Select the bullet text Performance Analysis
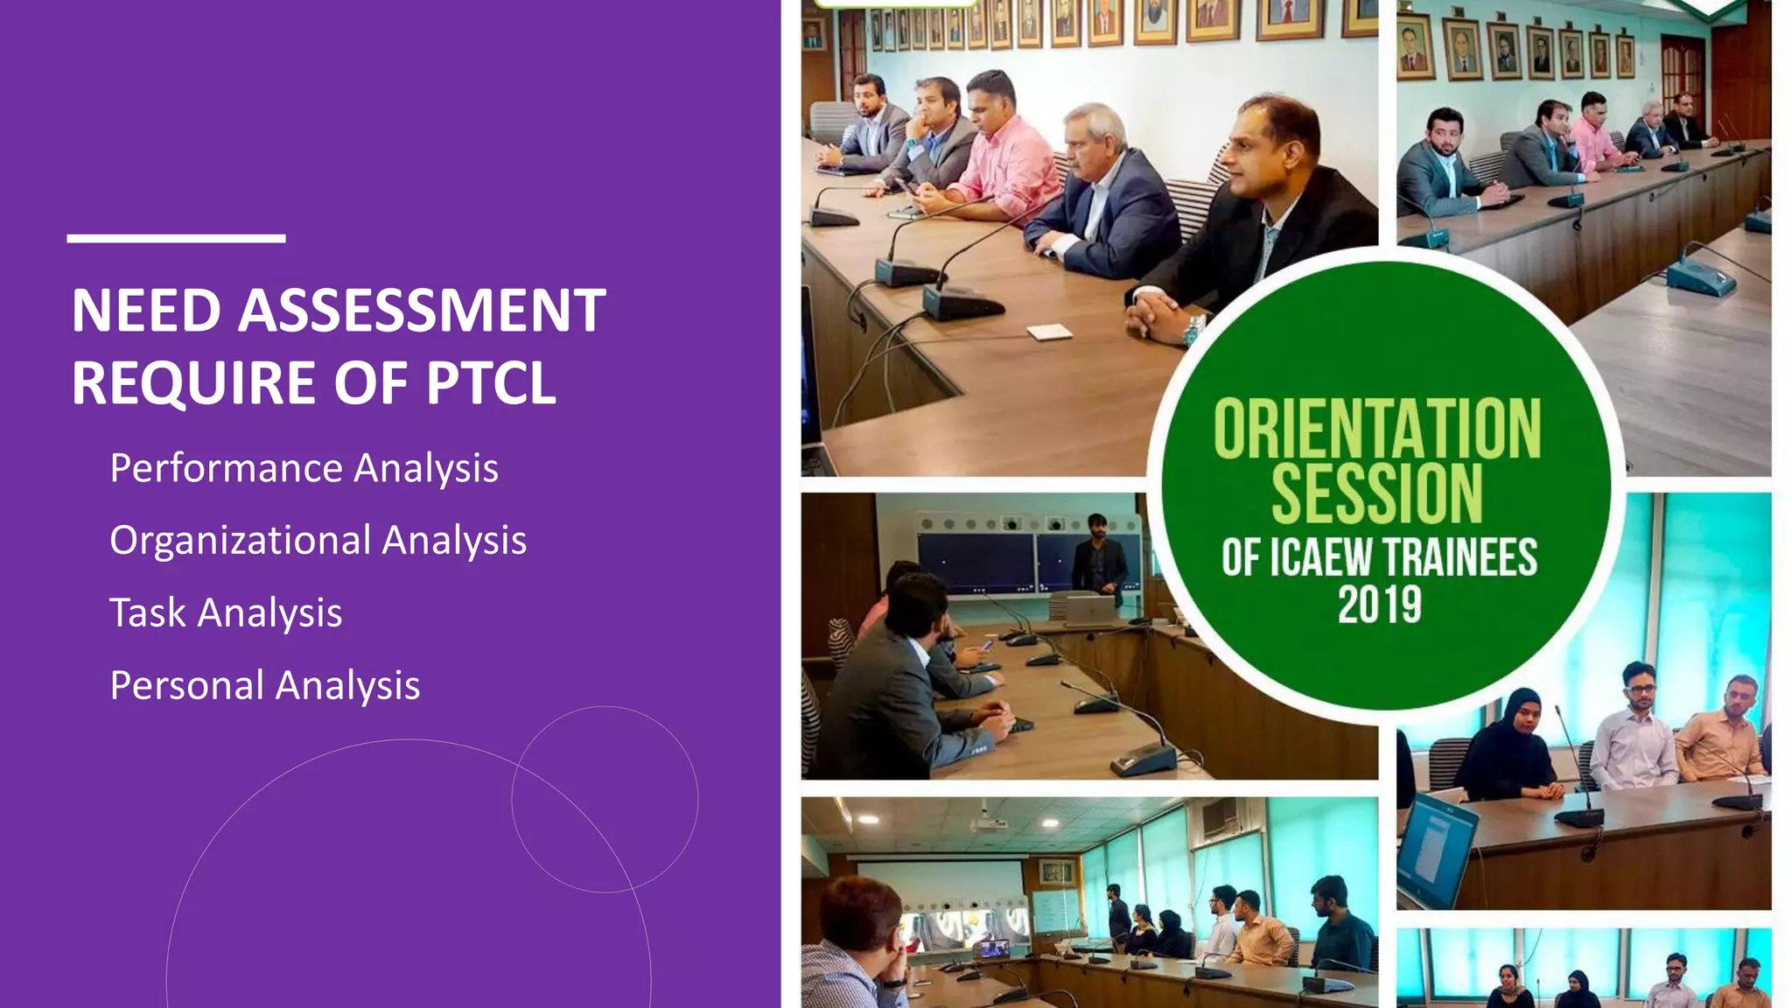304,468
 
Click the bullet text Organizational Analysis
318,541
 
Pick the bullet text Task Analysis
226,612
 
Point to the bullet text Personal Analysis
264,685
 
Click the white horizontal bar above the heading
176,238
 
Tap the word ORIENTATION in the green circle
1376,429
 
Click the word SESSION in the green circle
1376,494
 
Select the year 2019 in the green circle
1379,605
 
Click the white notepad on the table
1049,332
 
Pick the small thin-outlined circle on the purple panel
605,799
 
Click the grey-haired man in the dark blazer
1104,192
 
